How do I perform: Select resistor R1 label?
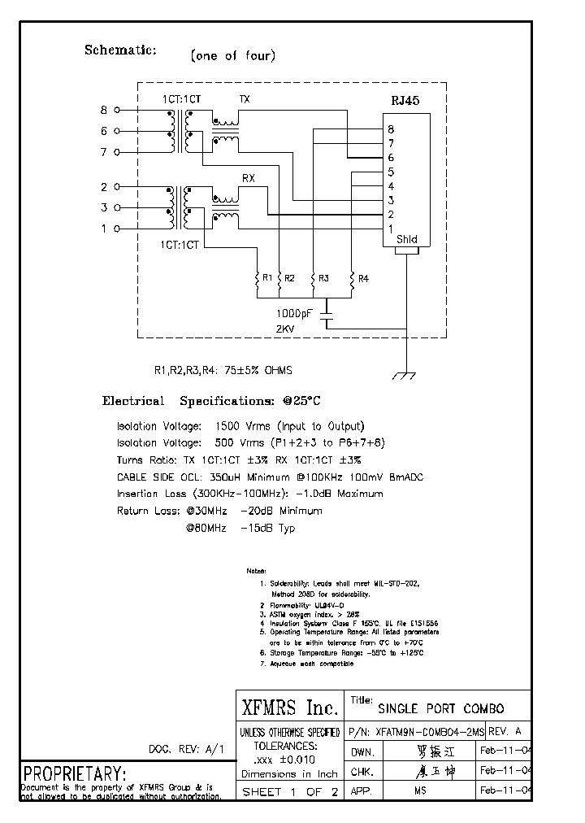[x=266, y=278]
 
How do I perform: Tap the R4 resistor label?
[x=363, y=278]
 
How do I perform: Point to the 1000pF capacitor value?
[x=297, y=312]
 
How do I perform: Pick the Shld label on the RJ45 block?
[x=406, y=239]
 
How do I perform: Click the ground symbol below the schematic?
[x=404, y=375]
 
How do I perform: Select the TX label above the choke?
[x=244, y=99]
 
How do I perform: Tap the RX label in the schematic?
[x=249, y=177]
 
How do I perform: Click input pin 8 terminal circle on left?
[x=118, y=110]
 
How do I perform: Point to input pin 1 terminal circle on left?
[x=118, y=229]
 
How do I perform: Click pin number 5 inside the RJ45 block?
[x=391, y=172]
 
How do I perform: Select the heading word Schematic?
[x=120, y=50]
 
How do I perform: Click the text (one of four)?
[x=232, y=56]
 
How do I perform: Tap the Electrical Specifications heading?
[x=210, y=401]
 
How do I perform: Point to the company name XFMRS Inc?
[x=288, y=704]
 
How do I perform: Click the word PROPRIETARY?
[x=74, y=773]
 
